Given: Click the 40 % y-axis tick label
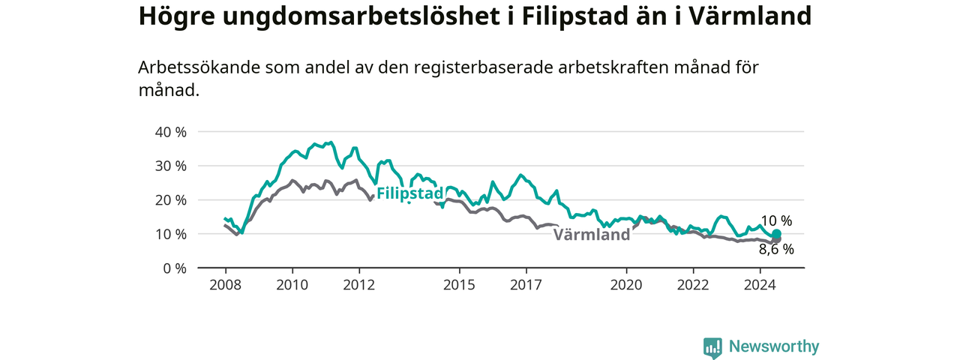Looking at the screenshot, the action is click(170, 132).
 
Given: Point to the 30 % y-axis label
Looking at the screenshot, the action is click(170, 166).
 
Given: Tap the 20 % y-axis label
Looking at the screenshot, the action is click(170, 200).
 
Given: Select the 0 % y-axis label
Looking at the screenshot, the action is click(175, 268).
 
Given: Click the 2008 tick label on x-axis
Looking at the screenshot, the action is click(226, 285).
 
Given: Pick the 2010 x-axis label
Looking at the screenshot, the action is click(292, 285).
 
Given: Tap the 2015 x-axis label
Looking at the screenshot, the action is click(459, 285).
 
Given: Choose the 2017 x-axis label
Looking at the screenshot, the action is click(526, 285).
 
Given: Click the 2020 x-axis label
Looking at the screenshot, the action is click(626, 285).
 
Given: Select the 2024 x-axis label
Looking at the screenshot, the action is click(760, 285).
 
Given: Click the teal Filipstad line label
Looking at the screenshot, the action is click(409, 193).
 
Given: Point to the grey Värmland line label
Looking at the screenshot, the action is click(592, 235).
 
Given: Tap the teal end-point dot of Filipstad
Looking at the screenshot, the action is click(776, 233).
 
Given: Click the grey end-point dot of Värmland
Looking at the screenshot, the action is click(776, 239).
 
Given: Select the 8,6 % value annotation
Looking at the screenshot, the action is click(776, 250).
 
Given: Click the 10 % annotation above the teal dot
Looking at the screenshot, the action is click(776, 220).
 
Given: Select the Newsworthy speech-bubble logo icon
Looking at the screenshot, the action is click(712, 347).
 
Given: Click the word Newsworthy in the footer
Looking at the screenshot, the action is click(774, 346).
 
